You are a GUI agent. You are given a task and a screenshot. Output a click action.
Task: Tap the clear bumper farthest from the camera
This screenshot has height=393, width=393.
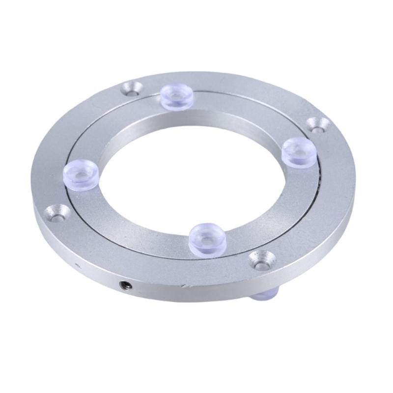[177, 95]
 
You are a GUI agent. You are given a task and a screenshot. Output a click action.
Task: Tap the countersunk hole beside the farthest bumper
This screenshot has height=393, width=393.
[132, 89]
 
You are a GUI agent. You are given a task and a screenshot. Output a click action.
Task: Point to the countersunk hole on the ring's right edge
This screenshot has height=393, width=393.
[318, 125]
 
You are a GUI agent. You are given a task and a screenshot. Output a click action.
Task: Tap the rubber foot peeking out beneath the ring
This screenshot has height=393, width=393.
[265, 295]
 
